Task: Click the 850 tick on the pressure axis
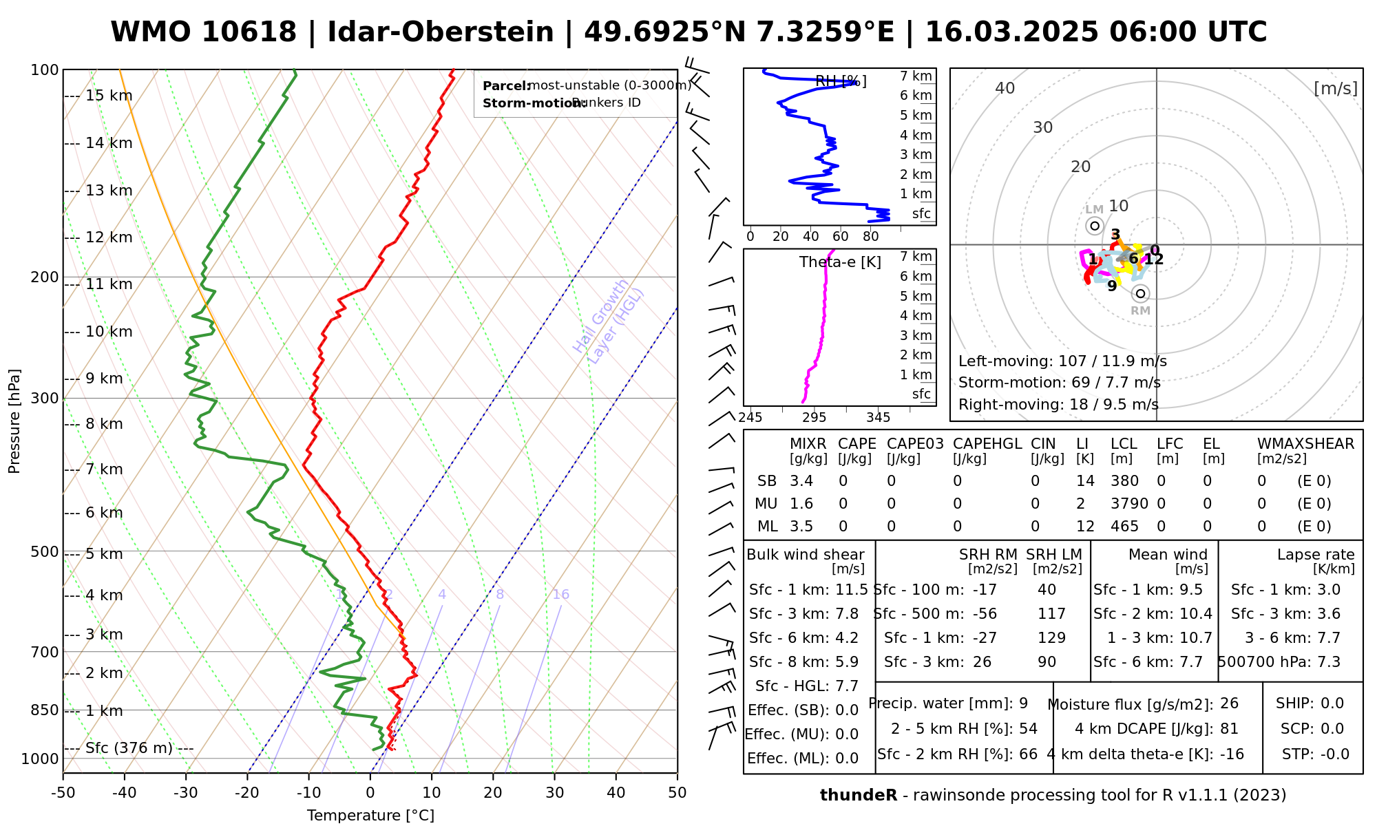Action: [45, 710]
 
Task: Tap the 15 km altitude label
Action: [109, 96]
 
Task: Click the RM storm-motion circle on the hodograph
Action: [1141, 294]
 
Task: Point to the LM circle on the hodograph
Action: [1095, 226]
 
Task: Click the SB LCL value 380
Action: [1124, 481]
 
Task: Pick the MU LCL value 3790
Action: [1129, 504]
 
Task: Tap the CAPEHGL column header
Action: [987, 444]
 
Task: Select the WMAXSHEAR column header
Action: [1305, 444]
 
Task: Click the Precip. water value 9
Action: [1023, 703]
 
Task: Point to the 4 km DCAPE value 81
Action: [1229, 729]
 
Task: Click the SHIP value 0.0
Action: [1332, 703]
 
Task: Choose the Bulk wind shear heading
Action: [805, 555]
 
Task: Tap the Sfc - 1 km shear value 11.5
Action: [851, 590]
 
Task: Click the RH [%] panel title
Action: [841, 82]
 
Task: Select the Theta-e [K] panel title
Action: [840, 262]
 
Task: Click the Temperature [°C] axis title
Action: [370, 816]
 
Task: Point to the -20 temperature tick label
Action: [247, 793]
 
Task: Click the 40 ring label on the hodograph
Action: [1005, 88]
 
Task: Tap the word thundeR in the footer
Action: [858, 796]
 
